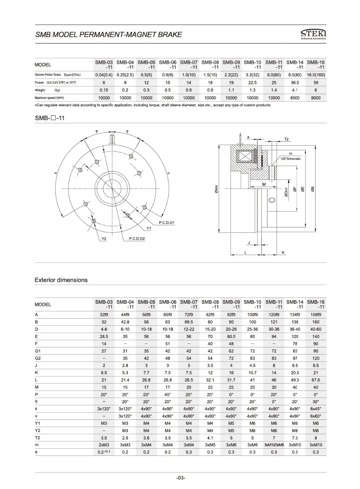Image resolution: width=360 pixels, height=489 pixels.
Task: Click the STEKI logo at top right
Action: click(313, 34)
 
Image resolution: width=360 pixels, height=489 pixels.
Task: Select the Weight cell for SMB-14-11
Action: click(294, 90)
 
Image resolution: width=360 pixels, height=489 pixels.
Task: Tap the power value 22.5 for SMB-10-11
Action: click(252, 83)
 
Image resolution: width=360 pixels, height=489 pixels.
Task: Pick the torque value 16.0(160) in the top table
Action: click(316, 75)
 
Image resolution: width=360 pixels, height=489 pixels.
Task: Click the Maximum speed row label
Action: click(49, 98)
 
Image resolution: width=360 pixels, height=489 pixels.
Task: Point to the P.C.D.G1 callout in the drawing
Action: click(167, 223)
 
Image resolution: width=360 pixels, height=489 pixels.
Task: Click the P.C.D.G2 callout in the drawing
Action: click(137, 239)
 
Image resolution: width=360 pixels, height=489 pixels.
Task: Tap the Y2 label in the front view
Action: click(104, 239)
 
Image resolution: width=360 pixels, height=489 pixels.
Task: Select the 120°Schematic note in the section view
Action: click(291, 159)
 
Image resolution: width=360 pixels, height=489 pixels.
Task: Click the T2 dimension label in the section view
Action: click(287, 139)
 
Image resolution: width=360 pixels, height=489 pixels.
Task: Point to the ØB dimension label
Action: click(312, 189)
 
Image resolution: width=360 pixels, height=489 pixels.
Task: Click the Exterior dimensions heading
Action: click(61, 280)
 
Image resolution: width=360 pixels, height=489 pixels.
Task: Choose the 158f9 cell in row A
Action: click(316, 315)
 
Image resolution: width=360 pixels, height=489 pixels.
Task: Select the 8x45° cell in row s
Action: click(316, 409)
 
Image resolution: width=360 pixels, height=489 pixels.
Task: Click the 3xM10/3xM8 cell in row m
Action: click(274, 445)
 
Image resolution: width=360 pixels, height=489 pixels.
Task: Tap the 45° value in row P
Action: click(167, 394)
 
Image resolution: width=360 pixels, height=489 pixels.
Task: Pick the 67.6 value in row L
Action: click(316, 380)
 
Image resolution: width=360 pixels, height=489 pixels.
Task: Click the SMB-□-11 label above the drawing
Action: click(50, 118)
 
